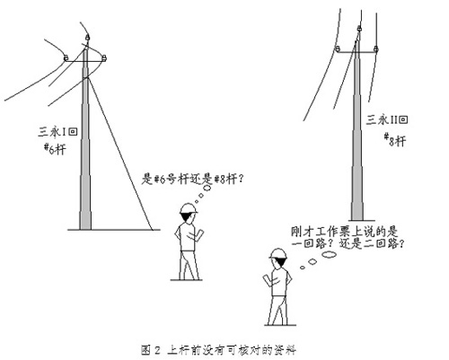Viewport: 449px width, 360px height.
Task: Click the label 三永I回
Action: tap(57, 132)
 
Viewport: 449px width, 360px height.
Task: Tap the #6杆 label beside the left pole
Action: tap(56, 149)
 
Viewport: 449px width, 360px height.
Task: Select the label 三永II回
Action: tap(387, 119)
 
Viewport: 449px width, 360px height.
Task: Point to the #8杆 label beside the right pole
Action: tap(395, 140)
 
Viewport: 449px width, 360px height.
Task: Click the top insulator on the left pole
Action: tap(87, 38)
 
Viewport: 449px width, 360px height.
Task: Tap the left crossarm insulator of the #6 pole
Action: tap(66, 57)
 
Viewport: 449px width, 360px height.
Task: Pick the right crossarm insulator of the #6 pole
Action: tap(104, 57)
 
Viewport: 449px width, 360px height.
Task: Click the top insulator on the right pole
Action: tap(359, 29)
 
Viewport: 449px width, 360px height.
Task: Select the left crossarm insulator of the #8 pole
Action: tap(338, 48)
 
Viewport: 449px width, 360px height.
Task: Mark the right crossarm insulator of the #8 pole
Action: tap(376, 48)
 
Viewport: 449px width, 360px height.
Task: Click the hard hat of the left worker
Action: tap(189, 208)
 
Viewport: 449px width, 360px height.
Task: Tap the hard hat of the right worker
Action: tap(278, 253)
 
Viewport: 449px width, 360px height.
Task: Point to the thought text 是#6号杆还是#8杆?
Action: tap(193, 179)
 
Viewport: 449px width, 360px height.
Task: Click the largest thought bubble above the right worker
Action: tap(329, 255)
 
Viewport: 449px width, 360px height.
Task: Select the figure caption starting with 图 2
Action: tap(218, 350)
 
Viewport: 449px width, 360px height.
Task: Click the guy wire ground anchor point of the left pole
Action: tap(152, 230)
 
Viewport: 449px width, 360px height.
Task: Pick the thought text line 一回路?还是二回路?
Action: tap(348, 243)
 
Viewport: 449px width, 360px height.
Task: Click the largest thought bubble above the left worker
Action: tap(207, 189)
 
